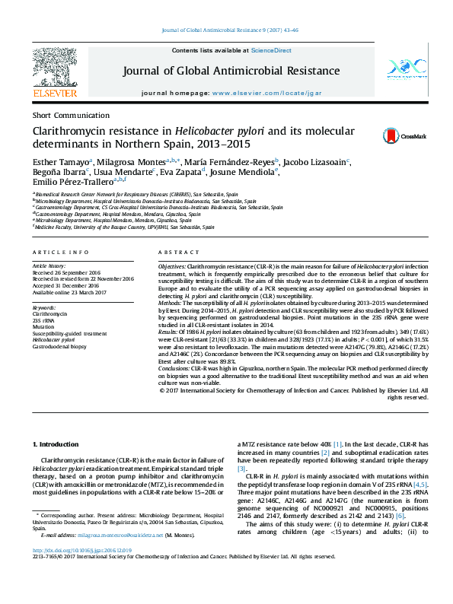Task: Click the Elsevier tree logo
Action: [54, 69]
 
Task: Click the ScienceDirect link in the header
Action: [272, 50]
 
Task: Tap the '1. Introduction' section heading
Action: [58, 443]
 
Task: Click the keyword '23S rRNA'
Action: [43, 320]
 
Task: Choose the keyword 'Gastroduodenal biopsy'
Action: [59, 345]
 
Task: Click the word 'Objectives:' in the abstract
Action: [172, 268]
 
